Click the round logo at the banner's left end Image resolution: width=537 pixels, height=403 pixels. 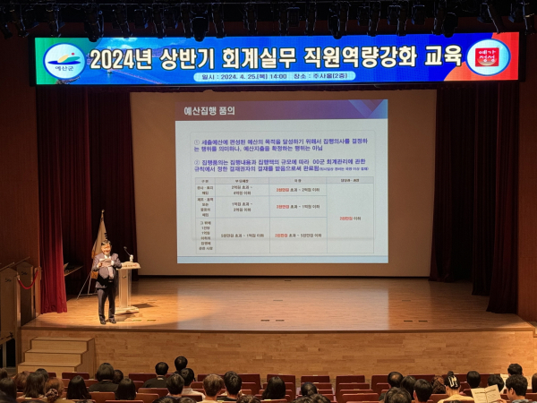pos(64,61)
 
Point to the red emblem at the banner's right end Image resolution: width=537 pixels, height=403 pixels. pos(488,56)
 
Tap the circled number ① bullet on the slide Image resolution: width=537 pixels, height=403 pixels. pos(197,141)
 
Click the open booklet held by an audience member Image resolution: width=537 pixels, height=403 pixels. pos(486,394)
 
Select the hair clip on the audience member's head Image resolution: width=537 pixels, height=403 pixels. pos(451,380)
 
